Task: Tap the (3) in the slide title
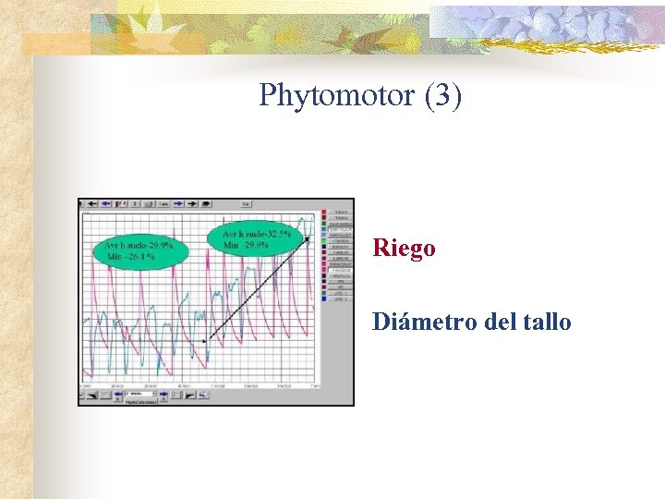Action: coord(442,95)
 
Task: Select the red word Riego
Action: coord(404,249)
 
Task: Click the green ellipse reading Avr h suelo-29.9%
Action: coord(139,250)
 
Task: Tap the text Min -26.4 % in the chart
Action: coord(131,257)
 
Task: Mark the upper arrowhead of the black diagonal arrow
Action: coord(306,239)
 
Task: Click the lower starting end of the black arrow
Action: coord(204,341)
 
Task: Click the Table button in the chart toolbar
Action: coord(163,203)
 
